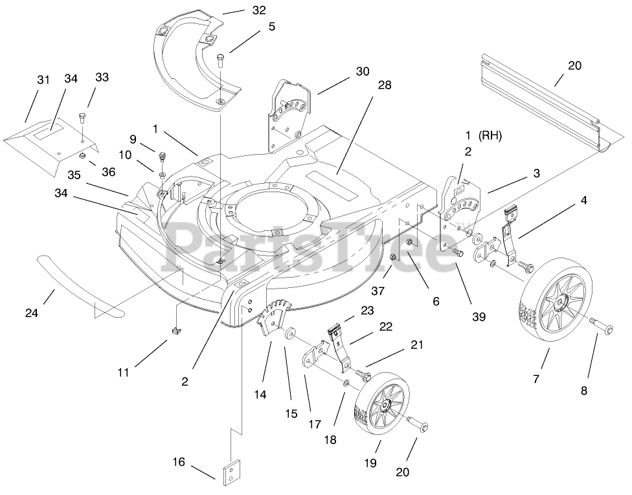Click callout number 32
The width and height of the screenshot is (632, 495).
point(241,10)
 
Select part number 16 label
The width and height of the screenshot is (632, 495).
point(179,462)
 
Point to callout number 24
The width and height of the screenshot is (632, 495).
point(32,313)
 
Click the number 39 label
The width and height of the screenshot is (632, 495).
point(479,316)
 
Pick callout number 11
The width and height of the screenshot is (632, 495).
point(124,372)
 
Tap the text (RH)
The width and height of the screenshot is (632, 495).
point(490,136)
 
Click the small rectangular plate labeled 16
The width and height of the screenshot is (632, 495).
point(232,470)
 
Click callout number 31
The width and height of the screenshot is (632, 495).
point(43,80)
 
